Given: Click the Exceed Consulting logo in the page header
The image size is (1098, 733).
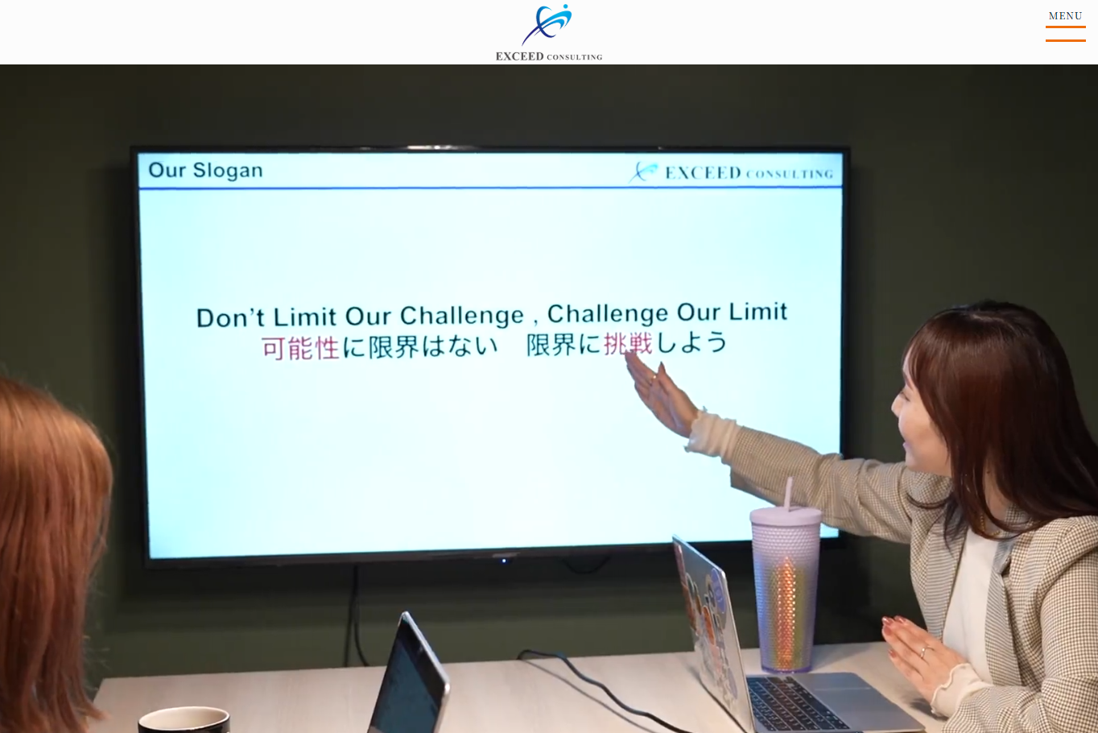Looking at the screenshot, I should pos(548,32).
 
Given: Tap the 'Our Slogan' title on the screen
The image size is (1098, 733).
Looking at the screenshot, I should pos(205,170).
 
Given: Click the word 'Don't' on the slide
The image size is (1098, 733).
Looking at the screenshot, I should pos(230,317).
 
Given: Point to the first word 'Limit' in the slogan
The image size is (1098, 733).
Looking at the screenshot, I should pos(305,317).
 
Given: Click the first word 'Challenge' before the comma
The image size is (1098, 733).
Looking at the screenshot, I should pos(461,315).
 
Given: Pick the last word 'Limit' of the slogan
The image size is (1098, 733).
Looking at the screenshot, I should pos(757,312).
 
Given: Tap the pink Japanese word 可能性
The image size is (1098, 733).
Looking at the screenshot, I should pos(300,348).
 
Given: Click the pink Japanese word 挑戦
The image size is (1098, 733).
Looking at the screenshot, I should pos(628,344).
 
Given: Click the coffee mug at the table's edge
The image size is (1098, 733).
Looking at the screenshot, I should pos(184,719).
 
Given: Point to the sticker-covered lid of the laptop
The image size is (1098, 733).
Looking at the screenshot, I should pos(704,612).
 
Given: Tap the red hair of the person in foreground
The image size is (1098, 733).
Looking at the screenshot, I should pos(48,524).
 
